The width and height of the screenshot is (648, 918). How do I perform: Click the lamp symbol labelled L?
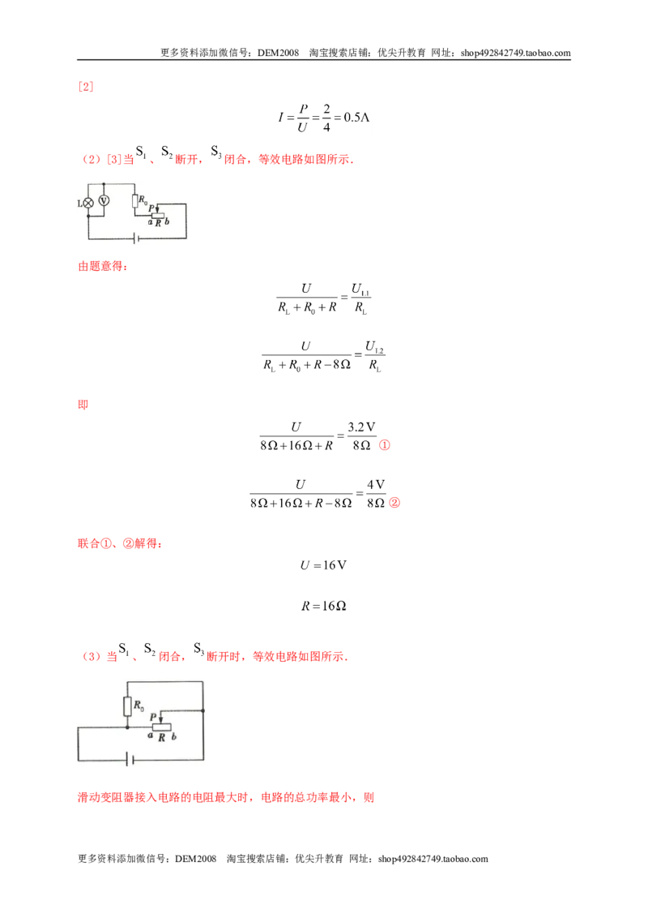click(88, 204)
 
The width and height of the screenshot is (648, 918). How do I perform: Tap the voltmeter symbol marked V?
click(104, 201)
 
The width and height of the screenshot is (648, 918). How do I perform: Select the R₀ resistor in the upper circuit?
click(135, 201)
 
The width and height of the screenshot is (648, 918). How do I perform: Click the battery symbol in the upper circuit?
click(136, 238)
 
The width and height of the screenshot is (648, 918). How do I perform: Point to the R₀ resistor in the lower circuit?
click(127, 706)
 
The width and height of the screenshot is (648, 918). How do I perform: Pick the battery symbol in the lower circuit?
click(130, 760)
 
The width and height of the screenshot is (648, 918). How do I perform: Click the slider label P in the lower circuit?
click(153, 717)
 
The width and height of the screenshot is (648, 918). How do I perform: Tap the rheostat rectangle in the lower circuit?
click(161, 727)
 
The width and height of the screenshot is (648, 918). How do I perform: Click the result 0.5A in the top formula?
click(356, 117)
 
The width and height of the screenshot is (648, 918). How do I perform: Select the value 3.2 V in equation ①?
click(361, 427)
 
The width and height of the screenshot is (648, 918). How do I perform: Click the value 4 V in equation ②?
click(376, 485)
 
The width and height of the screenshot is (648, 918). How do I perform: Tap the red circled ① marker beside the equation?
click(384, 445)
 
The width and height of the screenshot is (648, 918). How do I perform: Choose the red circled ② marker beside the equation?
click(394, 502)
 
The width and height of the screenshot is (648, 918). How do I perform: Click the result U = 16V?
click(323, 565)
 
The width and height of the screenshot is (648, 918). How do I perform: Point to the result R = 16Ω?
click(323, 606)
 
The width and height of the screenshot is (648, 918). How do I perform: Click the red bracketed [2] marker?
click(85, 87)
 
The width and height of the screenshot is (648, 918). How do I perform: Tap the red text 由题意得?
click(103, 266)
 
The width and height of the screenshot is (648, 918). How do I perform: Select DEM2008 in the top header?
click(278, 53)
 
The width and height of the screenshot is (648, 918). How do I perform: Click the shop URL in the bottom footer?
click(433, 859)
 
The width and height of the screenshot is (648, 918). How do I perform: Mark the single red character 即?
click(83, 405)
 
